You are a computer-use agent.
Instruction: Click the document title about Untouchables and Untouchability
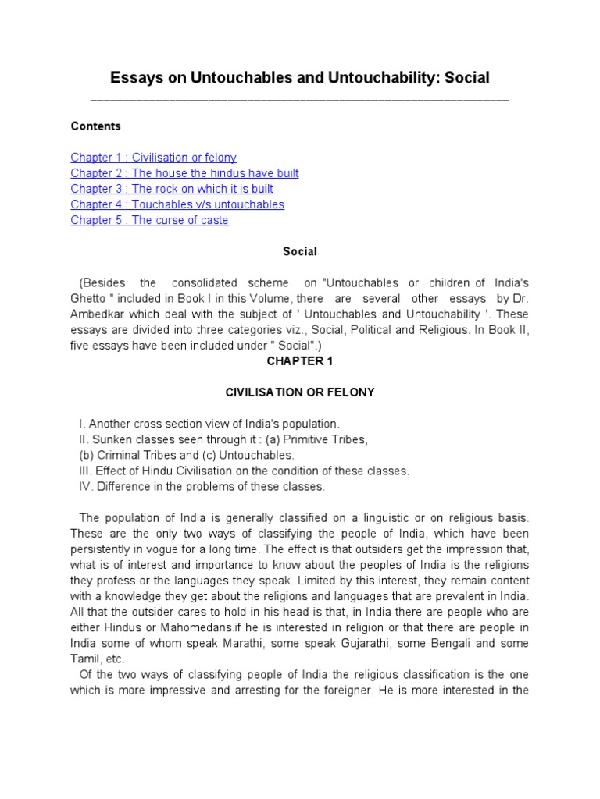pos(300,77)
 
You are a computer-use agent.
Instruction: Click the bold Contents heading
pos(95,126)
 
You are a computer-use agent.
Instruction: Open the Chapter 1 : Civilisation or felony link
pos(153,158)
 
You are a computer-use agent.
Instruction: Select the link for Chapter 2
pos(184,173)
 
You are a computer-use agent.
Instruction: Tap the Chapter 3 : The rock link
pos(172,189)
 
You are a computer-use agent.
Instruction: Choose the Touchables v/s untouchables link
pos(177,204)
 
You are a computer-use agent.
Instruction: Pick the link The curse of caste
pos(149,220)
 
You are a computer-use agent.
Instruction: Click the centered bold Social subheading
pos(299,251)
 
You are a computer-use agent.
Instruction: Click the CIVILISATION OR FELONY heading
pos(300,392)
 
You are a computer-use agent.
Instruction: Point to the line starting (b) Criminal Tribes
pos(187,455)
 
